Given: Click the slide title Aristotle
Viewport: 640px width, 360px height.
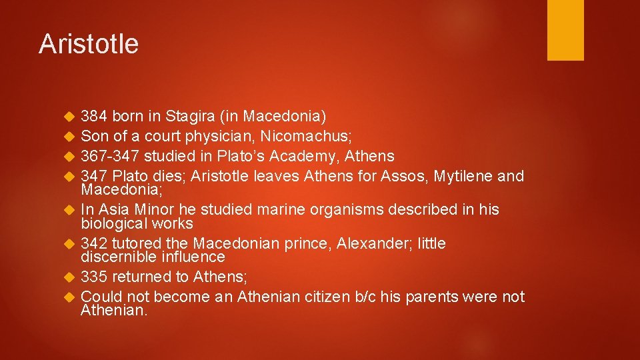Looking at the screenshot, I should tap(89, 44).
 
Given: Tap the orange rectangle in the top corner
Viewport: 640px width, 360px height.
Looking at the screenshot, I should tap(565, 29).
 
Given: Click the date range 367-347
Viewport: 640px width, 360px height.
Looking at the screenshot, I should tap(110, 157).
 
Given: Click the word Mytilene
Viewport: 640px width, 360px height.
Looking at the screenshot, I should tap(464, 177).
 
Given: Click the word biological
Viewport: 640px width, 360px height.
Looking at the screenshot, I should tap(113, 223).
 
